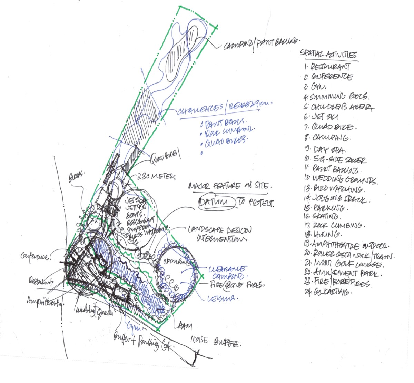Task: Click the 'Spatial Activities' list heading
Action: [328, 55]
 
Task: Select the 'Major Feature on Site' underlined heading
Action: [227, 186]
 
